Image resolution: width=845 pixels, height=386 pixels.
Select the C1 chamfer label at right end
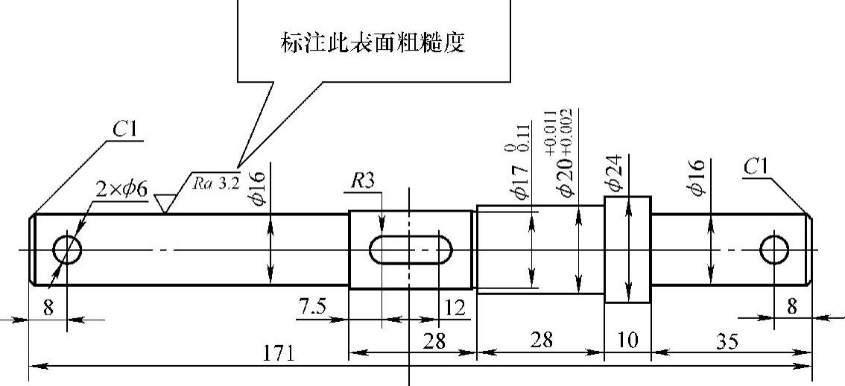tap(756, 167)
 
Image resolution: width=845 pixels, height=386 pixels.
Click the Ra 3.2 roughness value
tap(216, 183)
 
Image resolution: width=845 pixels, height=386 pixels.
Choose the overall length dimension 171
tap(278, 352)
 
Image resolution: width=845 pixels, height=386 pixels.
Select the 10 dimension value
tap(628, 341)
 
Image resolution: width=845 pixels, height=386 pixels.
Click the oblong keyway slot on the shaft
tap(411, 250)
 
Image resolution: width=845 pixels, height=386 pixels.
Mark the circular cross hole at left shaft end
tap(67, 250)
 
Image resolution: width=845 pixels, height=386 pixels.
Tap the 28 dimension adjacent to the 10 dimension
tap(542, 341)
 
